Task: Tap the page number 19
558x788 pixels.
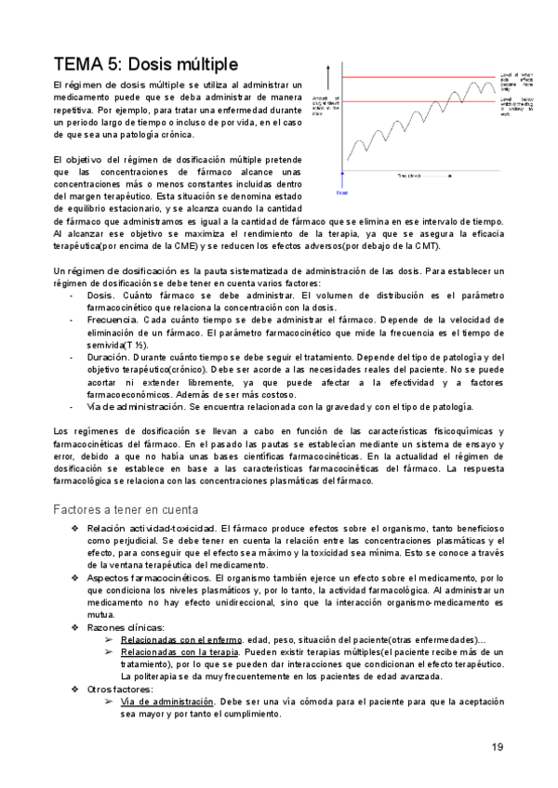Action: [x=498, y=747]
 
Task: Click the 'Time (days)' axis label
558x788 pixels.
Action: [x=410, y=175]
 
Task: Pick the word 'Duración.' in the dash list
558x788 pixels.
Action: [x=111, y=356]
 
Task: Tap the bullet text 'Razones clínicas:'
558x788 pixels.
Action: [x=126, y=627]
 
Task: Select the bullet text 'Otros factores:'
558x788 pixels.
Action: [x=120, y=689]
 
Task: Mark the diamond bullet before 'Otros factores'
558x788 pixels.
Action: [x=75, y=689]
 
